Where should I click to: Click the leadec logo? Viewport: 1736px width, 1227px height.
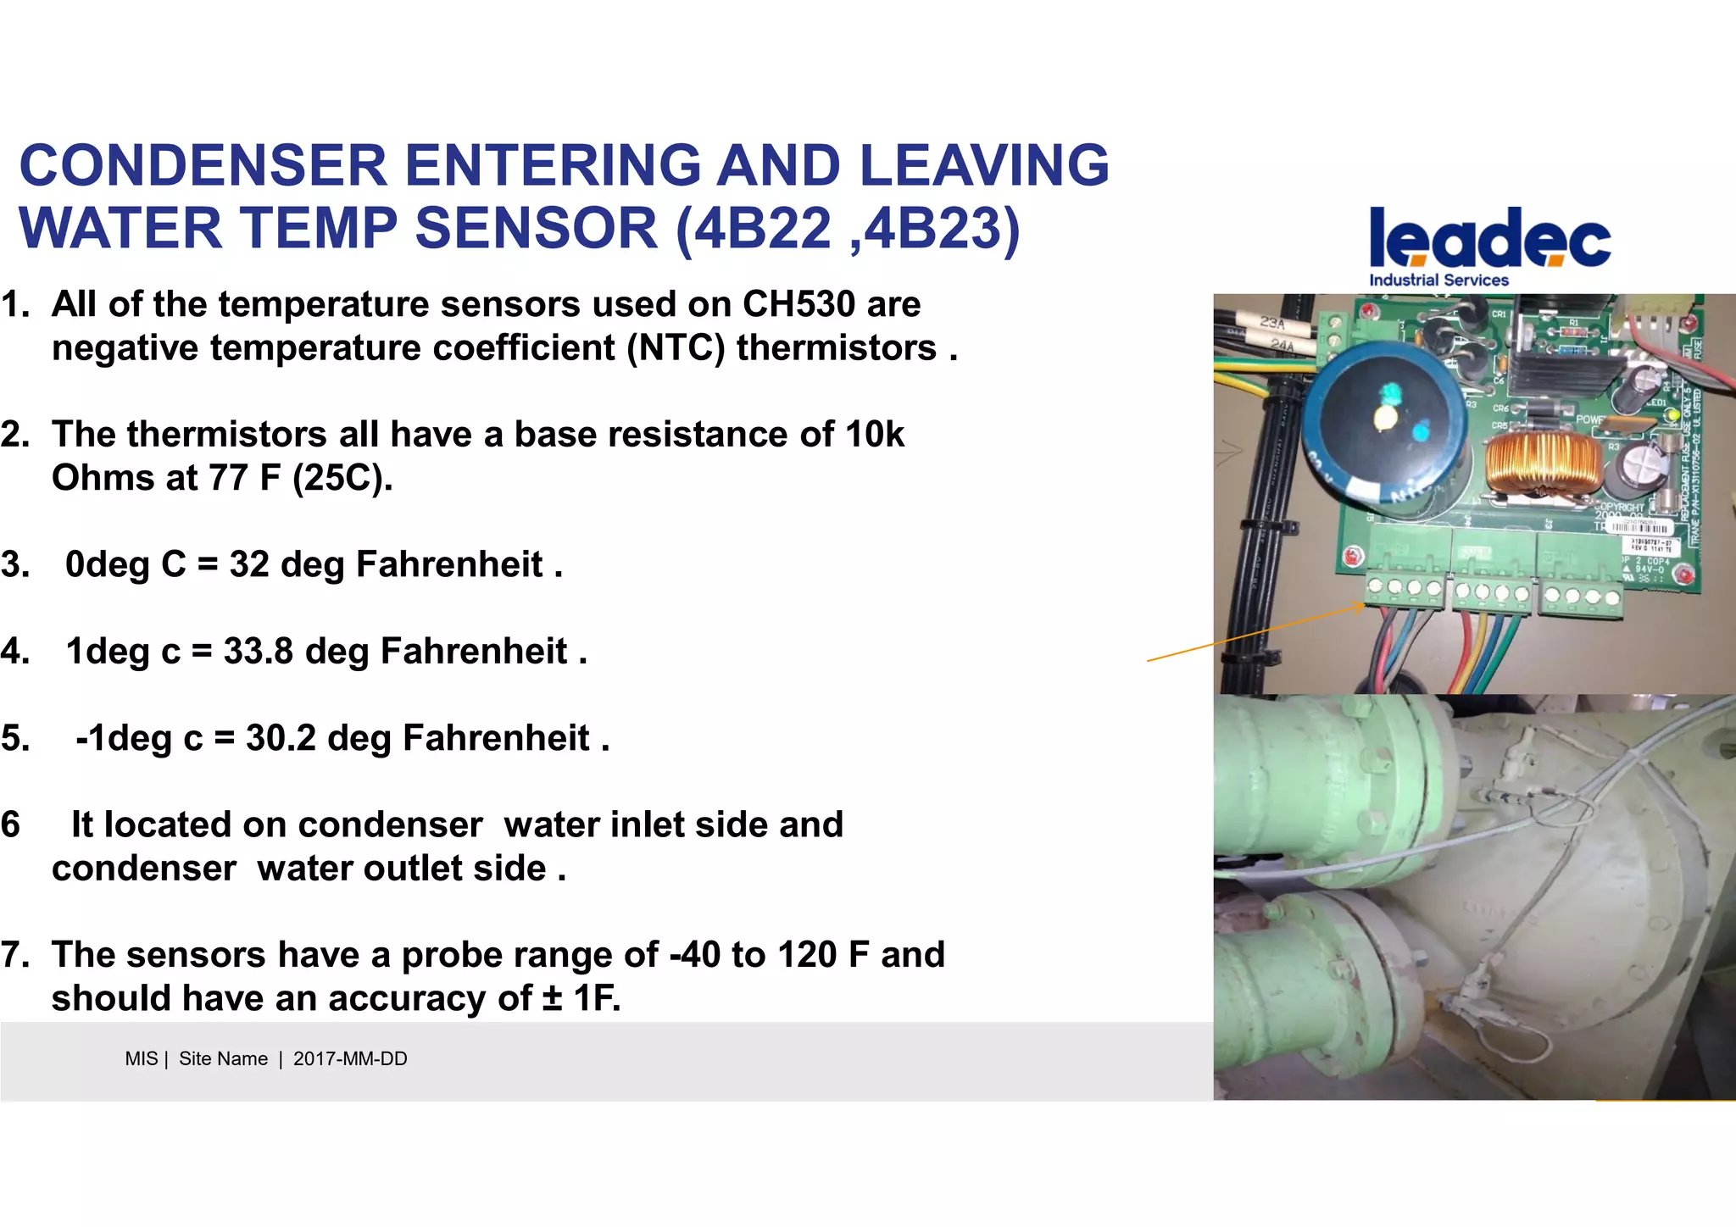1489,238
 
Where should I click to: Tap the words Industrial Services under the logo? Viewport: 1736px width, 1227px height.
1438,280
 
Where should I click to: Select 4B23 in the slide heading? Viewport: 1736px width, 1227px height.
933,229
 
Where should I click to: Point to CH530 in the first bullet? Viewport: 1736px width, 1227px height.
798,304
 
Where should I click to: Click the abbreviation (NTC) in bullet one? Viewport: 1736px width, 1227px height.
676,348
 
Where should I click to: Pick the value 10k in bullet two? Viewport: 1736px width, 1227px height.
874,435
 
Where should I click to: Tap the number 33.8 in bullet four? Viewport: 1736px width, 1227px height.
258,652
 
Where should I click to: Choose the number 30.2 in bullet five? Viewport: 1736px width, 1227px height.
281,738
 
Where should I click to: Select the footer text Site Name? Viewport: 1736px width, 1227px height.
223,1059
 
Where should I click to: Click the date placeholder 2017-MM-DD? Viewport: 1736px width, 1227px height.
350,1059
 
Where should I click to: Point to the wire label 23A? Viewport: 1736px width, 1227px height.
1271,323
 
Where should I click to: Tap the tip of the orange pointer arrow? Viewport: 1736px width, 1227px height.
1364,605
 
